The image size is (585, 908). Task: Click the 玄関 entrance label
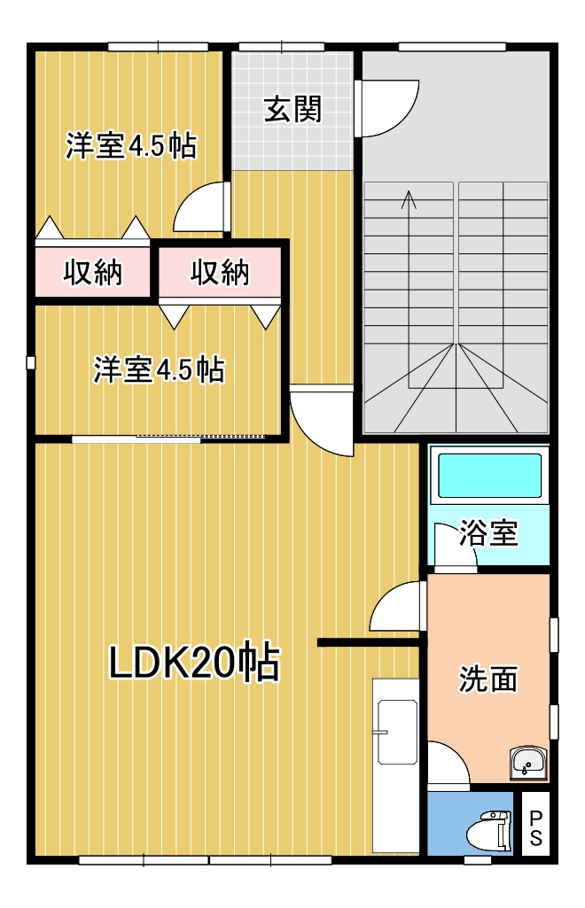(292, 109)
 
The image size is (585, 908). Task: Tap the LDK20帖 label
(195, 662)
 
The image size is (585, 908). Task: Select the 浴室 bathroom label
(488, 532)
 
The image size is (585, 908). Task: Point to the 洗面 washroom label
(487, 679)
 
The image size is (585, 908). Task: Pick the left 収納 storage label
(93, 272)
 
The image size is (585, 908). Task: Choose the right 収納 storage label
(220, 272)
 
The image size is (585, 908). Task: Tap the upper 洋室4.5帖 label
(131, 145)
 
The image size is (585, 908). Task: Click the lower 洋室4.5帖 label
(160, 369)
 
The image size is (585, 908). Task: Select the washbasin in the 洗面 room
(527, 764)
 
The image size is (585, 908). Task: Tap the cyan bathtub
(489, 476)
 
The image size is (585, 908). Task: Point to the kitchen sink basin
(397, 732)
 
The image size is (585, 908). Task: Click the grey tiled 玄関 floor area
(292, 111)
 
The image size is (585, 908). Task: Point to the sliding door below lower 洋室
(168, 438)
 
